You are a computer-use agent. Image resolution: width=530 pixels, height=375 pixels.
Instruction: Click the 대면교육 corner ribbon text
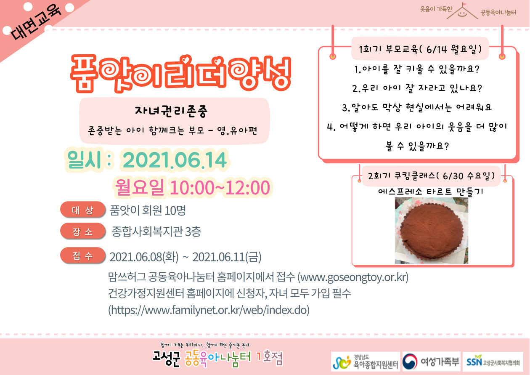36,22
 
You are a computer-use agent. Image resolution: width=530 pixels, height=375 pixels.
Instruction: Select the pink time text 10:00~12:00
220,188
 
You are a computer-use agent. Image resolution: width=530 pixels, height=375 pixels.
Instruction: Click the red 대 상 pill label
82,210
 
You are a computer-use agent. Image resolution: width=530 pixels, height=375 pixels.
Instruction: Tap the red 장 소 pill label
82,231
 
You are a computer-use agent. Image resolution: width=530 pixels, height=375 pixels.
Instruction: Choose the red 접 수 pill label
82,255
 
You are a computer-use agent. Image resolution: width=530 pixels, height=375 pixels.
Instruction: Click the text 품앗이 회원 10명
148,210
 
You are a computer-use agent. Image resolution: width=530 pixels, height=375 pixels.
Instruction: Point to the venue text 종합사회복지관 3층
156,231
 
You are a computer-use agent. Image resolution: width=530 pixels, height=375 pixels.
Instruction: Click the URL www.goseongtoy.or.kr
353,277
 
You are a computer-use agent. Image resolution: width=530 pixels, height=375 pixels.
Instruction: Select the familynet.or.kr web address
209,310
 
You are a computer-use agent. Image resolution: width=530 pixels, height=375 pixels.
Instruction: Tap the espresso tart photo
431,231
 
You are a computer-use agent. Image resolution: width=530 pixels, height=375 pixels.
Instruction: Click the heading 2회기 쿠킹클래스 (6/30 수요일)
431,176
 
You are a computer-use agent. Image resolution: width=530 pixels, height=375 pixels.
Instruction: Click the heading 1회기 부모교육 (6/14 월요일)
420,49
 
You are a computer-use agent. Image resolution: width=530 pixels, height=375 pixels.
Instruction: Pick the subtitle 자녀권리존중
171,111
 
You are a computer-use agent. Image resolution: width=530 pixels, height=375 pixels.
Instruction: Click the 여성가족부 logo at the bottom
432,362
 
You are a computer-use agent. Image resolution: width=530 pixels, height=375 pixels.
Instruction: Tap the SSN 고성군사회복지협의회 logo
493,362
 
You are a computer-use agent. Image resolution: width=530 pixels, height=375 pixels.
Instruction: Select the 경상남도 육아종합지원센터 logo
366,362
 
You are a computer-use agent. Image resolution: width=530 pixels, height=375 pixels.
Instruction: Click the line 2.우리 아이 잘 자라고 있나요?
417,88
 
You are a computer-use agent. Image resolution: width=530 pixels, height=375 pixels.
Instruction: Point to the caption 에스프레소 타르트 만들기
431,191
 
